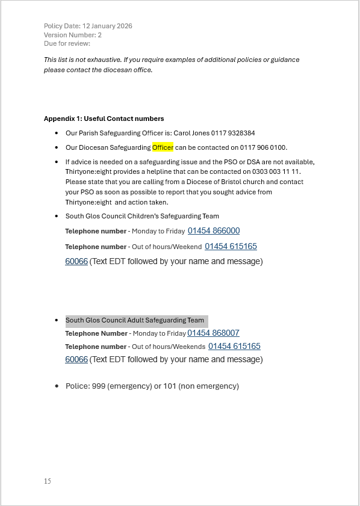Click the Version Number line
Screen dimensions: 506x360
click(x=73, y=35)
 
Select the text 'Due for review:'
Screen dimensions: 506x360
click(x=67, y=43)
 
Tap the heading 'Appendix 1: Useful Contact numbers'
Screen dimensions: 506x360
click(x=104, y=119)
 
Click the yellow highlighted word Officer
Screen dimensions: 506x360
click(x=163, y=147)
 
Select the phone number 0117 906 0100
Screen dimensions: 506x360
click(x=264, y=147)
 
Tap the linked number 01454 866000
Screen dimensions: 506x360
click(x=214, y=231)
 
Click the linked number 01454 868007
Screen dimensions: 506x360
click(x=213, y=333)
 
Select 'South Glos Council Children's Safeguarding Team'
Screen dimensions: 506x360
click(x=142, y=216)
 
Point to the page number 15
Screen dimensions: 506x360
click(x=48, y=481)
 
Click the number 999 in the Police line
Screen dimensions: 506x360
click(x=99, y=386)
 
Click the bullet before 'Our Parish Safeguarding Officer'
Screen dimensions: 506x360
click(x=57, y=133)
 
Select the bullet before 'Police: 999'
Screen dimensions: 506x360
click(x=57, y=386)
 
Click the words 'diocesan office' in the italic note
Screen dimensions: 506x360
click(x=130, y=70)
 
